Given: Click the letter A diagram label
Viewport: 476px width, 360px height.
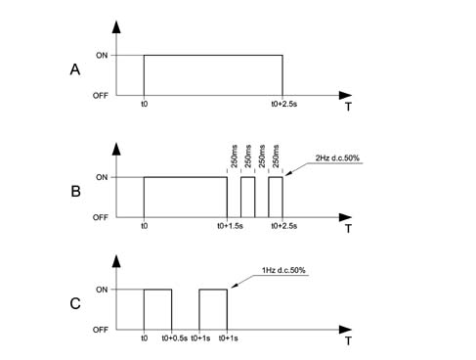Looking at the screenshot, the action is (75, 69).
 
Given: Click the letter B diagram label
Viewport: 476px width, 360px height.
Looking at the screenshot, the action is (75, 191).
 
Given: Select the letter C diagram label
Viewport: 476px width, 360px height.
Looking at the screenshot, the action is (75, 303).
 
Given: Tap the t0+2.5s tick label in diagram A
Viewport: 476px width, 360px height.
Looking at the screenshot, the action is (284, 105).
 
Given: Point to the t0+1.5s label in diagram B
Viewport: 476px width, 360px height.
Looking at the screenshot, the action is (230, 226).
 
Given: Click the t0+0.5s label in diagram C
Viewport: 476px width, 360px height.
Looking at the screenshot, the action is (175, 338).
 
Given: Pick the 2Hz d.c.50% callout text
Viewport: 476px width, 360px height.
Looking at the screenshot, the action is (337, 158).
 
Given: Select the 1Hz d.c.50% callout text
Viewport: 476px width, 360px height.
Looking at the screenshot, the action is (283, 270).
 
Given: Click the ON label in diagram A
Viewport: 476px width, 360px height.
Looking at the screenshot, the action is (102, 56).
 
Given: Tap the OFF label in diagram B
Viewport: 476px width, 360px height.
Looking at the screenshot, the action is (101, 217).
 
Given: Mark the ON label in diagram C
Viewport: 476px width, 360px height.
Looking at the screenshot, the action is (102, 290).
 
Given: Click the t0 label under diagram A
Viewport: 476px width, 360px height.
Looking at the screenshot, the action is (144, 105).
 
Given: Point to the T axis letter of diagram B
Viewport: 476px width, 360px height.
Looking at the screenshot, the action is (348, 229).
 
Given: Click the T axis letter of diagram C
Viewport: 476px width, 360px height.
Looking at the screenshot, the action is (348, 341).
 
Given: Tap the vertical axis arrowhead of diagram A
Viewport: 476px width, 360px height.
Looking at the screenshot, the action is (116, 26).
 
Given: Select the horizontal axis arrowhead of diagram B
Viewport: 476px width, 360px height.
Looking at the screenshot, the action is (345, 217).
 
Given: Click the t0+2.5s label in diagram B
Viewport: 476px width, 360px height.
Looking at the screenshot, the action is (284, 226).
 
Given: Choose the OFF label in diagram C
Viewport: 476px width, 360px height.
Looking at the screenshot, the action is (101, 330).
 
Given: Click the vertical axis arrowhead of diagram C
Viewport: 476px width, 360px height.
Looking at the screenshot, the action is (116, 261).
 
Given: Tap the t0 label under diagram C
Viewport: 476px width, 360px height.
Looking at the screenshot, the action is (144, 338).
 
